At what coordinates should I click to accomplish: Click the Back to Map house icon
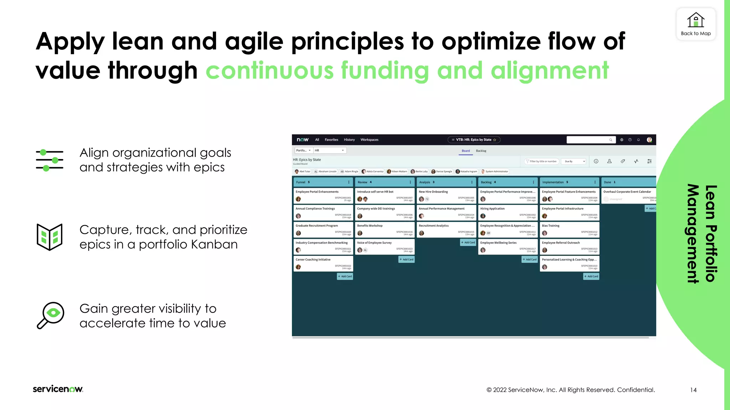pyautogui.click(x=695, y=20)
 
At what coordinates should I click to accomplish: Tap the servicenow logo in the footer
pyautogui.click(x=58, y=389)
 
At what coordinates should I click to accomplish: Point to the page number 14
pyautogui.click(x=693, y=390)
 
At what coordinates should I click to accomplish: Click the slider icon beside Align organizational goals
pyautogui.click(x=50, y=160)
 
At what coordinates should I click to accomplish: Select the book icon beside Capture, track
pyautogui.click(x=50, y=237)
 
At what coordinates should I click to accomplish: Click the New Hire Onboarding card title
pyautogui.click(x=433, y=192)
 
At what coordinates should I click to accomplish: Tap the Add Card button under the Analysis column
pyautogui.click(x=468, y=242)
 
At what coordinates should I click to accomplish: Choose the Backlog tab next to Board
pyautogui.click(x=481, y=151)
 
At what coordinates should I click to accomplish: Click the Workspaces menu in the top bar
pyautogui.click(x=369, y=140)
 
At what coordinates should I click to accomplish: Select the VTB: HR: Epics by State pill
pyautogui.click(x=474, y=140)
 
